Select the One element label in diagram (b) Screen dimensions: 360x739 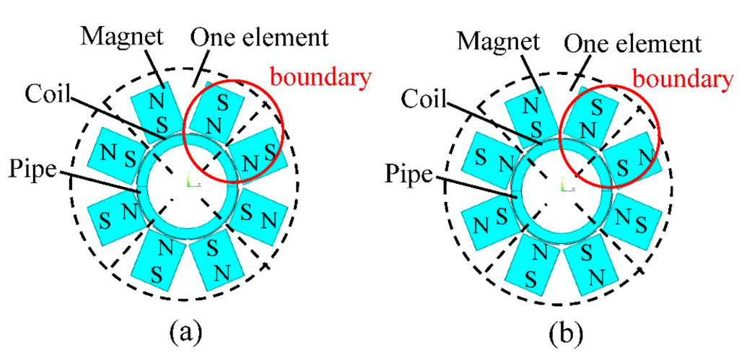631,44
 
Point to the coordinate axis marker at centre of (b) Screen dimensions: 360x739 566,188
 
